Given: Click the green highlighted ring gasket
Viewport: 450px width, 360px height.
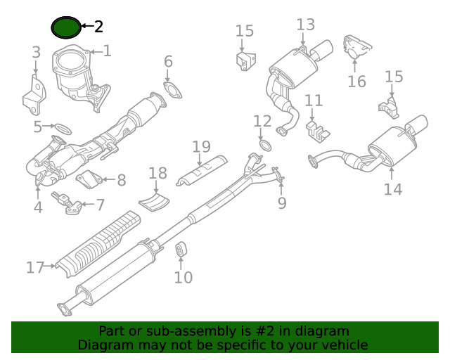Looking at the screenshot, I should pos(66,27).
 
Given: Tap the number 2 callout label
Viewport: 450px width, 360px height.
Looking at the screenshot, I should pos(98,27).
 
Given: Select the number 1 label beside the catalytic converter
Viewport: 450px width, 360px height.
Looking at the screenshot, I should pos(107,51).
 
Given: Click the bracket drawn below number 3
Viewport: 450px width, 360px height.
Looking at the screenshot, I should pos(32,96).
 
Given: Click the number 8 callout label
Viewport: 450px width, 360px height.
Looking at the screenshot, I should pos(121,180).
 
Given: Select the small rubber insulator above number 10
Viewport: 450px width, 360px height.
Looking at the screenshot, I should pos(181,250).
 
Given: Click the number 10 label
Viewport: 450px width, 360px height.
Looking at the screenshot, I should pos(182,278).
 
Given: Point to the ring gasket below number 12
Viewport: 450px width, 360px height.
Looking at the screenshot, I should pos(265,146).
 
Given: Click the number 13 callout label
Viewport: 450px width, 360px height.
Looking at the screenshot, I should pos(306,25).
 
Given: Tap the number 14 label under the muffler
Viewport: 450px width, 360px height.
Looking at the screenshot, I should pos(392,188).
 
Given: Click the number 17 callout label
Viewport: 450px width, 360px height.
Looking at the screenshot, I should pos(36,267).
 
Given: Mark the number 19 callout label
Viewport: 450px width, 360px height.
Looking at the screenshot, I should pos(201,146).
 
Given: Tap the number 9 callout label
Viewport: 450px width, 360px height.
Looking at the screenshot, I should pos(282,203).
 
